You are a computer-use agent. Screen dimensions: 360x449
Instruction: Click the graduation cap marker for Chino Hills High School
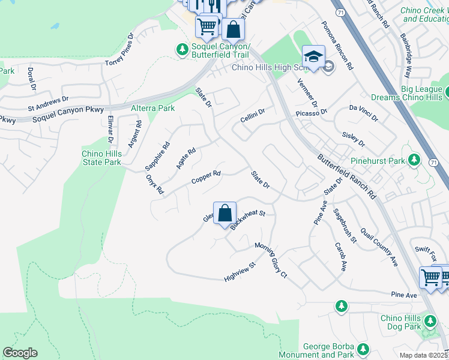[x=313, y=57]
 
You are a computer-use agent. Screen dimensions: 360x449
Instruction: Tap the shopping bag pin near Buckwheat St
[x=224, y=213]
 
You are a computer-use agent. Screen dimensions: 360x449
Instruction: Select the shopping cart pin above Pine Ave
[x=430, y=278]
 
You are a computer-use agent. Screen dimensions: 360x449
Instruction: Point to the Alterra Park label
[x=152, y=108]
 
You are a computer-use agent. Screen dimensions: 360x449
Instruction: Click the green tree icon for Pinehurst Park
[x=414, y=160]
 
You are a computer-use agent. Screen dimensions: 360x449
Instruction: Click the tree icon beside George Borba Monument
[x=363, y=349]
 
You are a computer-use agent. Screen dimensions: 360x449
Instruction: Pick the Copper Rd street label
[x=206, y=178]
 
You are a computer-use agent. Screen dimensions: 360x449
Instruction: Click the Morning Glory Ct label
[x=271, y=259]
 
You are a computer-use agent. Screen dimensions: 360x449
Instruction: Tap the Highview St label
[x=240, y=272]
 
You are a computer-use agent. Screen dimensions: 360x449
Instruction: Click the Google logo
[x=20, y=353]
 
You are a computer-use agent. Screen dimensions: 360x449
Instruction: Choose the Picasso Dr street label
[x=311, y=112]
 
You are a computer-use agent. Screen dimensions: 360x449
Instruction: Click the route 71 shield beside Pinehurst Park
[x=433, y=163]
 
